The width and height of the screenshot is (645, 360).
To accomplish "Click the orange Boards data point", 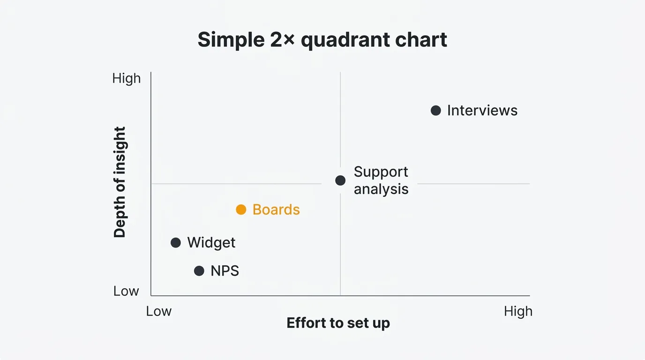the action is pos(241,210).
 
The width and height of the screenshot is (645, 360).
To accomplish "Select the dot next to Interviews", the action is pos(435,110).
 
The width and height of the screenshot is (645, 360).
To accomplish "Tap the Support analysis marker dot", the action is pos(340,180).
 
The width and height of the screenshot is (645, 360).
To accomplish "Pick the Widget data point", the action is pos(176,243).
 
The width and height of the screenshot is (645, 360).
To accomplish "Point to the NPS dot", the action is pos(199,271).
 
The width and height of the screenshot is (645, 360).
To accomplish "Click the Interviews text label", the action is pos(482,111).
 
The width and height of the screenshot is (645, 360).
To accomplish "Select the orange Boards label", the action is pos(276,210).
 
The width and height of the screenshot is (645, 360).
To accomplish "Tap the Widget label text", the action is pos(211,243).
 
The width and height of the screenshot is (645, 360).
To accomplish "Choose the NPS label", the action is pos(225,271).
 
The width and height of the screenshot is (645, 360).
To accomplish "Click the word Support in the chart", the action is pos(381,172).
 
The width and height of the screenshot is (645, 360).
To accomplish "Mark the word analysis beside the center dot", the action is pos(381,189).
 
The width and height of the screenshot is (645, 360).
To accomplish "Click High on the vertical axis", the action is pos(127,79).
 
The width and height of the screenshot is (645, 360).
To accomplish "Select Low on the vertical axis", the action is pos(126,291).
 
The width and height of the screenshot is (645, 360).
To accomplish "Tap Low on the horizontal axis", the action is pos(158,311).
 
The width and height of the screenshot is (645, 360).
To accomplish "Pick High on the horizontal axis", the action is pos(518,312).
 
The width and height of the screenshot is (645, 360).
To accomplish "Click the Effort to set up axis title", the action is pos(338,323).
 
